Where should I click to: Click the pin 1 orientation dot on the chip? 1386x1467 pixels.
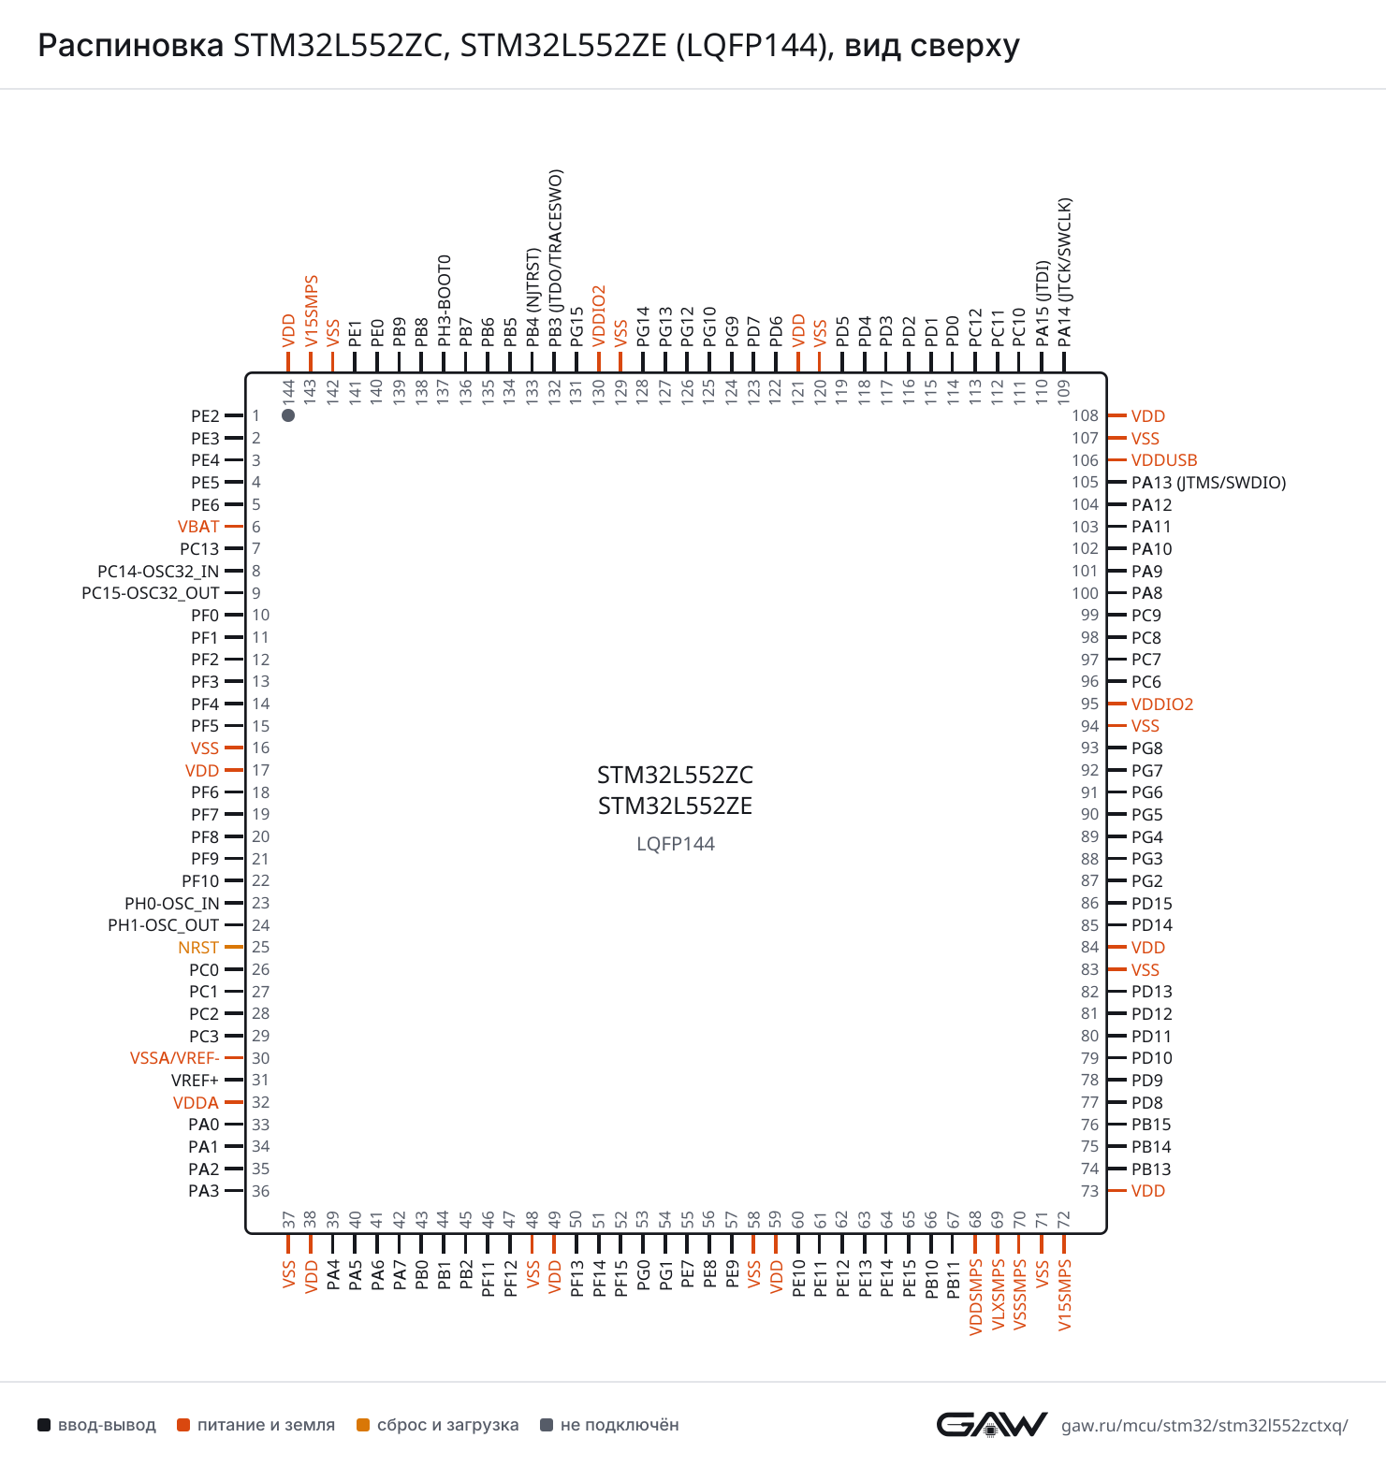(288, 415)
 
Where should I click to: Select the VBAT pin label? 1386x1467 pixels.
(198, 527)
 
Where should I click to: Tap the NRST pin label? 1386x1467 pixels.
(198, 948)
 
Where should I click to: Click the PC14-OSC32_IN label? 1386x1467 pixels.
(158, 572)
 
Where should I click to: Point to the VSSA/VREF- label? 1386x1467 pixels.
(175, 1058)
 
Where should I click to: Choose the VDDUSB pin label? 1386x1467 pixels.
(1164, 460)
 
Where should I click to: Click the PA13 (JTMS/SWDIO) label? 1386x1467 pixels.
(1209, 483)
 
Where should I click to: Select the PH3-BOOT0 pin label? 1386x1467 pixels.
(445, 300)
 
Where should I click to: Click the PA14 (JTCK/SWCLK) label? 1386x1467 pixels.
(1065, 272)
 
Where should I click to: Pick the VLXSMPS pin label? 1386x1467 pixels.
(998, 1294)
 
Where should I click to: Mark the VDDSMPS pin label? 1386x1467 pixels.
(976, 1297)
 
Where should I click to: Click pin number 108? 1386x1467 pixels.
(1085, 415)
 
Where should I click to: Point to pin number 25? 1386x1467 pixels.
(260, 947)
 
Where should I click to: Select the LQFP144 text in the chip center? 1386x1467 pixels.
(676, 844)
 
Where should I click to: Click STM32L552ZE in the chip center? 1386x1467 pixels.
(676, 806)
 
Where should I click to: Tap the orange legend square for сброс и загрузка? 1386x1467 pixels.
(363, 1425)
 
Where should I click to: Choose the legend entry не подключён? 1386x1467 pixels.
(610, 1425)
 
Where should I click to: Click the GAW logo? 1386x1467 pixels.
(992, 1424)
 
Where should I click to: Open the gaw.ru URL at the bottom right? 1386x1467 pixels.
(1204, 1426)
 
